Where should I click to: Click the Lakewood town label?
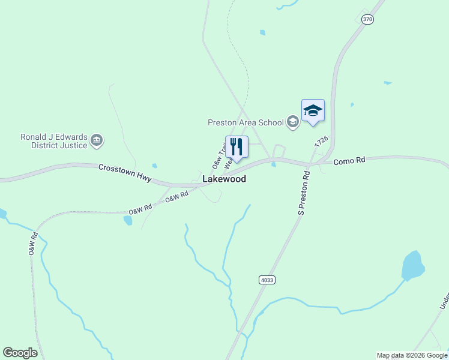(x=224, y=179)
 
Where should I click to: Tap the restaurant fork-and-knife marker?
(x=237, y=146)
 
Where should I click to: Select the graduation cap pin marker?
(x=313, y=111)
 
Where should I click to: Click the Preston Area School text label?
(x=246, y=122)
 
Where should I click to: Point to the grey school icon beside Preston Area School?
(x=293, y=122)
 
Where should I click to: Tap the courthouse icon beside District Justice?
(x=97, y=141)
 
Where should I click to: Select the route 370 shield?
(x=368, y=19)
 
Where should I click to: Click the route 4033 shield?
(x=267, y=280)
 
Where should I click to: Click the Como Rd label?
(x=349, y=161)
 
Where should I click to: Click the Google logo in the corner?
(x=20, y=353)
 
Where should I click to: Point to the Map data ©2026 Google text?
(x=412, y=355)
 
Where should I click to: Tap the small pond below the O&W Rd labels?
(x=127, y=220)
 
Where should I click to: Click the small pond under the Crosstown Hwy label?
(x=155, y=166)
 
